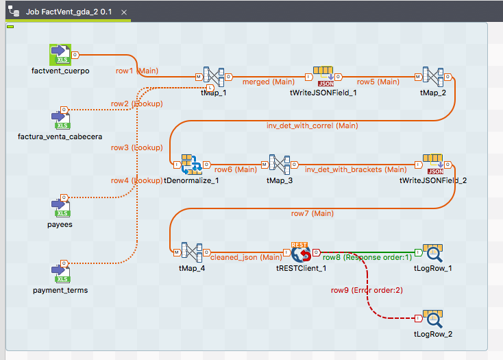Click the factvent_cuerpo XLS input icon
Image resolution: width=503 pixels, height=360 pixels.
coord(60,55)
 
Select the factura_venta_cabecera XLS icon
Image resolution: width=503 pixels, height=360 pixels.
coord(61,120)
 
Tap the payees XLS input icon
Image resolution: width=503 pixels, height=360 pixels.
coord(61,208)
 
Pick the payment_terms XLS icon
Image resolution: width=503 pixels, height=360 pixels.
coord(61,274)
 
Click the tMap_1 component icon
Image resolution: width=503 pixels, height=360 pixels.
coord(214,77)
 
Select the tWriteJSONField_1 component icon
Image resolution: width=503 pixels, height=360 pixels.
coord(323,76)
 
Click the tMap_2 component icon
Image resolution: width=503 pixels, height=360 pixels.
coord(433,77)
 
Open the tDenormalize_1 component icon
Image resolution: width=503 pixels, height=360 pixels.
coord(191,165)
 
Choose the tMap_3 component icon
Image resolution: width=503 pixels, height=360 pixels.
coord(280,165)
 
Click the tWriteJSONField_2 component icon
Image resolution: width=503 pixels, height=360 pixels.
coord(433,165)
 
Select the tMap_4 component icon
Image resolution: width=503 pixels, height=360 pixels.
coord(191,252)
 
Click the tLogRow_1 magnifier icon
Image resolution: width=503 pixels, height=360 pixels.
coord(433,253)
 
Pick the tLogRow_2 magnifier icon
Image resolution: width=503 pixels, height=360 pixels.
coord(433,319)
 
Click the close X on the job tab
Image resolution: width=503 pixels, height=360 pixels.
coord(124,12)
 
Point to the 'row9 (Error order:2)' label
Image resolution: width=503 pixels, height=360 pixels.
coord(367,290)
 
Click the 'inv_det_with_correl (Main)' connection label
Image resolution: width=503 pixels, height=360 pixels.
coord(312,125)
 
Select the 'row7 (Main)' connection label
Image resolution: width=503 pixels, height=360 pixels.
coord(312,213)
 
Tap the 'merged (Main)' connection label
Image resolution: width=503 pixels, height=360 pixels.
coord(268,82)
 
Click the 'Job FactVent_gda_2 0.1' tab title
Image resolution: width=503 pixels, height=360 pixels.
coord(69,12)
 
